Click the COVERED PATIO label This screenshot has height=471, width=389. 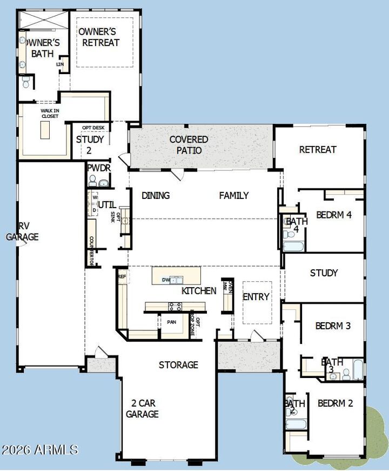[x=189, y=144]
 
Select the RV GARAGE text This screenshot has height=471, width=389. [x=22, y=231]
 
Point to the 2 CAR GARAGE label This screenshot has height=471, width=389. [x=142, y=408]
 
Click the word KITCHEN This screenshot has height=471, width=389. [x=198, y=290]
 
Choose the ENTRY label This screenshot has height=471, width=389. [x=256, y=297]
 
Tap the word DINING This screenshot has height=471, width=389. [x=156, y=195]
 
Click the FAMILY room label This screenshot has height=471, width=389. [x=233, y=195]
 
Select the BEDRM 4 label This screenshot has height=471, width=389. [x=334, y=215]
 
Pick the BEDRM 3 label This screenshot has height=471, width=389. [x=333, y=326]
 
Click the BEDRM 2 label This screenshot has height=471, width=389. [x=335, y=403]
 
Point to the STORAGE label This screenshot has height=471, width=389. [x=178, y=365]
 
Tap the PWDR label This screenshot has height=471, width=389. [x=99, y=168]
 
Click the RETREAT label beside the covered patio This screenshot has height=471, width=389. [x=318, y=149]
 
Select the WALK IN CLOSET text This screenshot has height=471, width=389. [x=50, y=113]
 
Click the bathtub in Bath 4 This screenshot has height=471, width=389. [x=293, y=246]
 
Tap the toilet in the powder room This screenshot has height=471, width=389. [x=92, y=181]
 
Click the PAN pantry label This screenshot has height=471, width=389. [x=171, y=322]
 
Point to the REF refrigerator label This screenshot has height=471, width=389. [x=122, y=276]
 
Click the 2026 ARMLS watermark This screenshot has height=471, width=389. [x=39, y=449]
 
